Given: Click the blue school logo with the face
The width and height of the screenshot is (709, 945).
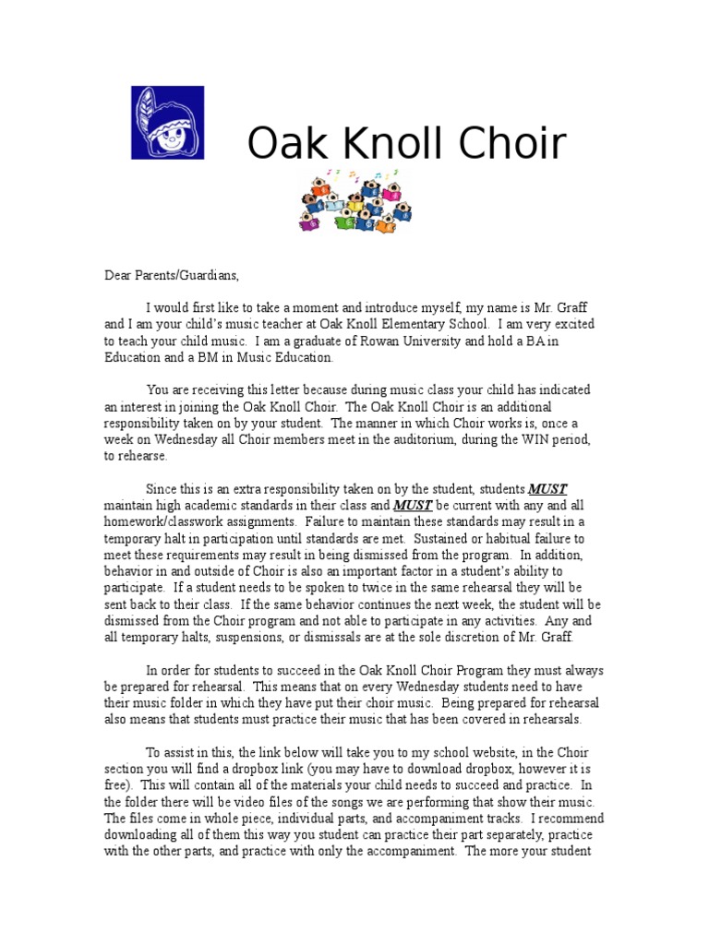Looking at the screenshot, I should click(x=167, y=123).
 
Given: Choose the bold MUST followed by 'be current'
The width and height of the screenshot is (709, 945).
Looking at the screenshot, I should click(x=412, y=506).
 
